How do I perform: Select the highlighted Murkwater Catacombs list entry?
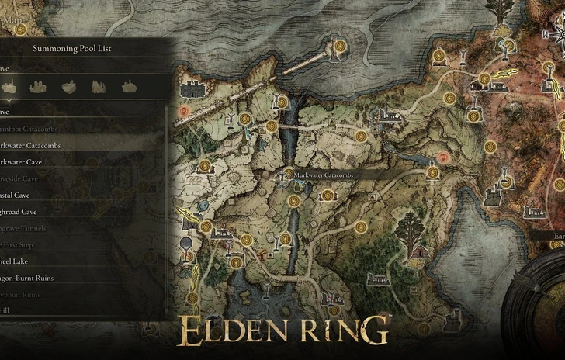31,145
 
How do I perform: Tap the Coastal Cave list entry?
18,195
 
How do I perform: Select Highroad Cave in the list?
19,211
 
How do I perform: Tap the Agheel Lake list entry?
16,261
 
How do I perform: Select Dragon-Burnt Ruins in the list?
26,278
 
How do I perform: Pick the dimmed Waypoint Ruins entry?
22,294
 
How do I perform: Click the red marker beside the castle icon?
184,112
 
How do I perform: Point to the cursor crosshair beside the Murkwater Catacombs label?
283,178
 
